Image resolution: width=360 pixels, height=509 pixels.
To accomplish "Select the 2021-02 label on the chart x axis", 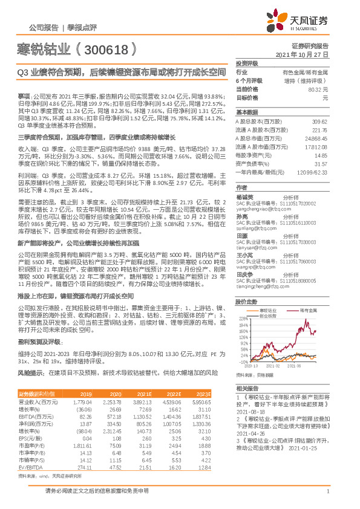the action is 272,366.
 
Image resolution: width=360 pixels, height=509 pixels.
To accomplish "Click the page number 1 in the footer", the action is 327,498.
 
